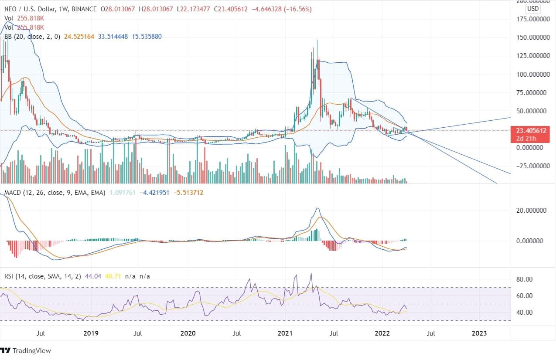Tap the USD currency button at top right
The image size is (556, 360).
532,9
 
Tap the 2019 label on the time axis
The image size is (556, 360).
91,333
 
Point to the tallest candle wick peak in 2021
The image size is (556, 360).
317,40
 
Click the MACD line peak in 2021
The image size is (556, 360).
317,208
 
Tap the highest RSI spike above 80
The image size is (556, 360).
311,274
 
